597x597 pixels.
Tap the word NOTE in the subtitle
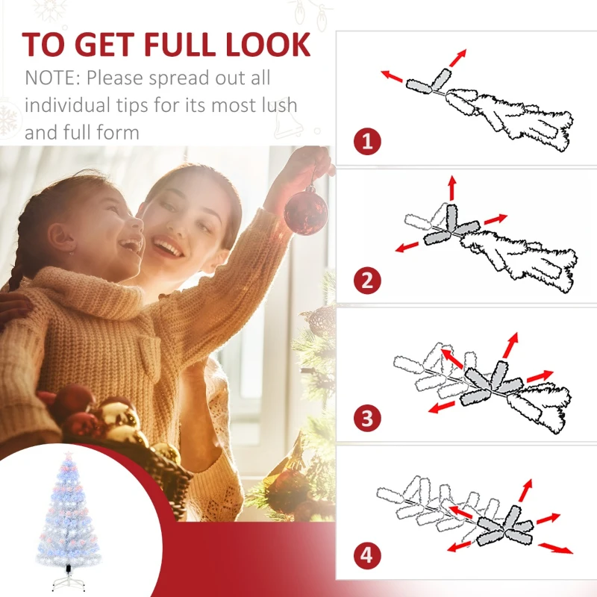tap(52, 78)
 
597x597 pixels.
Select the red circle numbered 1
tap(366, 141)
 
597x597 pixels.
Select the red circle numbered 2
tap(366, 281)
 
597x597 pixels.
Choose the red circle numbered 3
tap(366, 418)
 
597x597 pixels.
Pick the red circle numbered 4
tap(366, 555)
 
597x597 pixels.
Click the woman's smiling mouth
tap(169, 248)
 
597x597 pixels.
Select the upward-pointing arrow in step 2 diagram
tap(451, 187)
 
